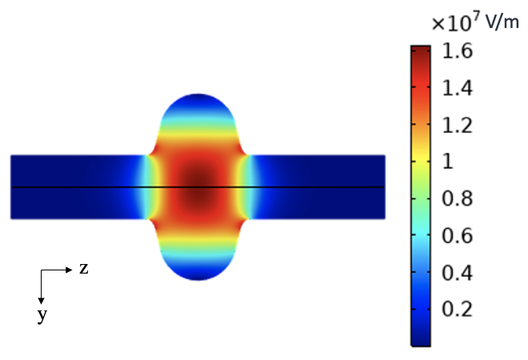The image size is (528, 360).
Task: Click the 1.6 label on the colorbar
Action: (x=458, y=51)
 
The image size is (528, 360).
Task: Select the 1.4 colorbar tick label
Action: (x=458, y=88)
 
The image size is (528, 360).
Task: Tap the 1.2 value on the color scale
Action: (x=458, y=126)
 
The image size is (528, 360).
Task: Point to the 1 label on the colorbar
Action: (x=448, y=162)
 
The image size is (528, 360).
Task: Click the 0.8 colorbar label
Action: (x=458, y=198)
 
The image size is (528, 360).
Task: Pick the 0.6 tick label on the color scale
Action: (x=458, y=235)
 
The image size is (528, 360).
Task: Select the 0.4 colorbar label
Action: (x=458, y=273)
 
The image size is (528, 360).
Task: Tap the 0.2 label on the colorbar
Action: (x=458, y=309)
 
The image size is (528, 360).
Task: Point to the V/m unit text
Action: (x=502, y=22)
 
